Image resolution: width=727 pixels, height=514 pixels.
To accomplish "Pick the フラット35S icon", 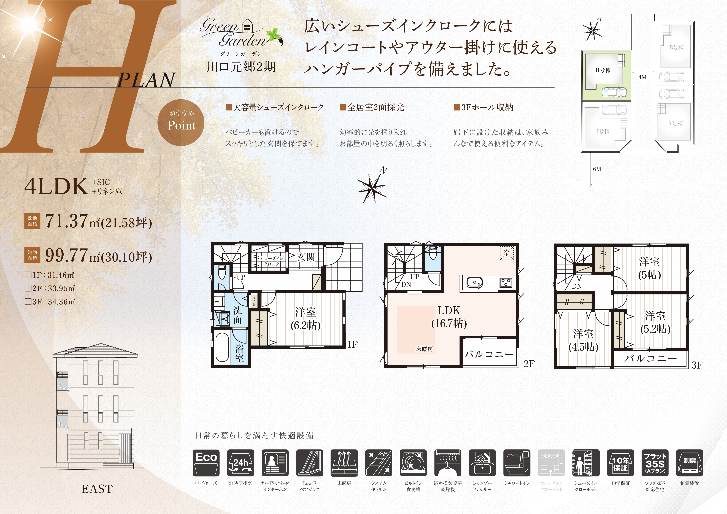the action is click(655, 463).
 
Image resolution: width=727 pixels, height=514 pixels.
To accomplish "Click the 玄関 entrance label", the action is click(306, 257).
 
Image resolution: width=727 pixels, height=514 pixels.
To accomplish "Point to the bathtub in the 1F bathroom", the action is click(222, 347).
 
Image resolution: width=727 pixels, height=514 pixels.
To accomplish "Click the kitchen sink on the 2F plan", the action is click(474, 283).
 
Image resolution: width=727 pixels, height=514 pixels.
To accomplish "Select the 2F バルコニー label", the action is click(489, 354).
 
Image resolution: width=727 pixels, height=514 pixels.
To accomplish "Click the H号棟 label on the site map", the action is click(603, 70).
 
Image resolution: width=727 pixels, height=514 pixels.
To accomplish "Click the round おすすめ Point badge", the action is click(181, 123).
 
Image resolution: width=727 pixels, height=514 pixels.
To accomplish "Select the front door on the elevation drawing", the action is click(125, 449).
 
